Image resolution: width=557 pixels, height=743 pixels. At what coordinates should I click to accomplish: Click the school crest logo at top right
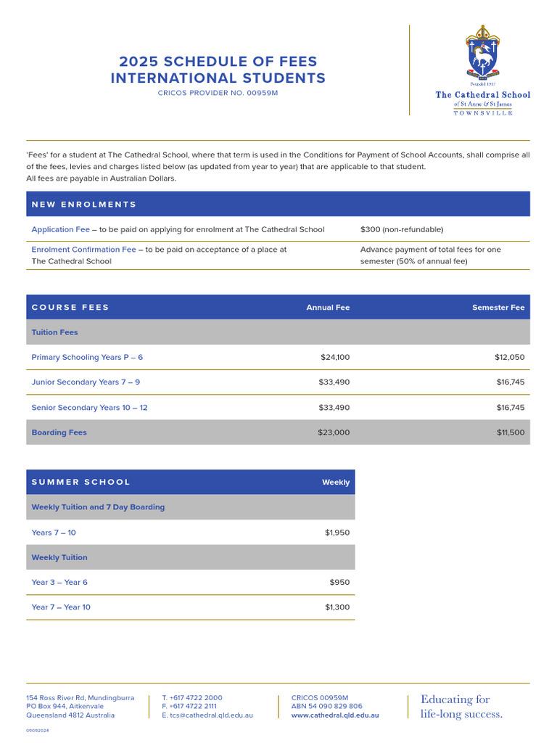[482, 54]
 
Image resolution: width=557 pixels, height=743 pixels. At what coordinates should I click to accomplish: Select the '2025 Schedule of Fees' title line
[218, 62]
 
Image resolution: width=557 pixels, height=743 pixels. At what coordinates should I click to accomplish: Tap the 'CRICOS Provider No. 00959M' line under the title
[218, 93]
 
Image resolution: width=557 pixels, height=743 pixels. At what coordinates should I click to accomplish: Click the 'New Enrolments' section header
[84, 205]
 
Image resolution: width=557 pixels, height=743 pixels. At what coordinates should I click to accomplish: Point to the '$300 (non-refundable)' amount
[401, 229]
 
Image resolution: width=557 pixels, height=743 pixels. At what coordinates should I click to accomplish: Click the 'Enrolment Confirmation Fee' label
[83, 249]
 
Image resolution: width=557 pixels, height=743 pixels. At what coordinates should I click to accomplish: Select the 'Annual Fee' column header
[328, 308]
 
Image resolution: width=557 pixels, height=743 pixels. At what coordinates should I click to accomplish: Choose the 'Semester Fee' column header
[498, 308]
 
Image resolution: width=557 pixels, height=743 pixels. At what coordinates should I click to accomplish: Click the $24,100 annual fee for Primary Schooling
[334, 357]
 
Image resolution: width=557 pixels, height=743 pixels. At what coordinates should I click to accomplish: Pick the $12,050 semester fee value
[509, 357]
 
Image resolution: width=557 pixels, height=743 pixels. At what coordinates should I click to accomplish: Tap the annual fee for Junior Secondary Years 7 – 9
[334, 382]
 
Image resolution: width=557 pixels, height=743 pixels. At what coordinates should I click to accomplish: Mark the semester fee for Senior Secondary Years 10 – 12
[510, 408]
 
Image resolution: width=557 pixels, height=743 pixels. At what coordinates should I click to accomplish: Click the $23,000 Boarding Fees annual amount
[333, 432]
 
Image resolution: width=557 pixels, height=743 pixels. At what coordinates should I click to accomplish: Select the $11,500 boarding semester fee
[510, 432]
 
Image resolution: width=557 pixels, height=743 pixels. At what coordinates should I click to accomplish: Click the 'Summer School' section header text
[81, 483]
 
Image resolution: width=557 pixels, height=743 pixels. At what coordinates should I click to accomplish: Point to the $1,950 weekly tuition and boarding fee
[337, 533]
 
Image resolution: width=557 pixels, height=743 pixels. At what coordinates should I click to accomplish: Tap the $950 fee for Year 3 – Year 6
[340, 582]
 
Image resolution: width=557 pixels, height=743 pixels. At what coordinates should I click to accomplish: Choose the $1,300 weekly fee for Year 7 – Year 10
[337, 607]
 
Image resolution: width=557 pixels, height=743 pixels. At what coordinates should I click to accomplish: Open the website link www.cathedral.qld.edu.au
[334, 715]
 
